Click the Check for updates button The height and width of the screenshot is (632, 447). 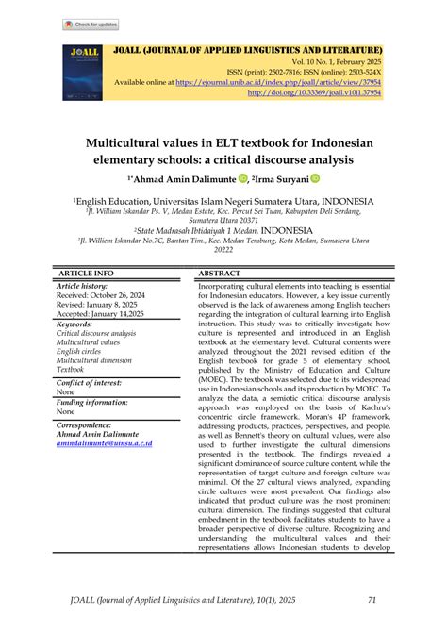(91, 24)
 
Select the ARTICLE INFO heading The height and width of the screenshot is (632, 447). (86, 273)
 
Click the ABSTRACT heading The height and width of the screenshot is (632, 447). (220, 273)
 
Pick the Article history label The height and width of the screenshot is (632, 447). (83, 285)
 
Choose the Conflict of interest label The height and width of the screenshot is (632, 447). (91, 382)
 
